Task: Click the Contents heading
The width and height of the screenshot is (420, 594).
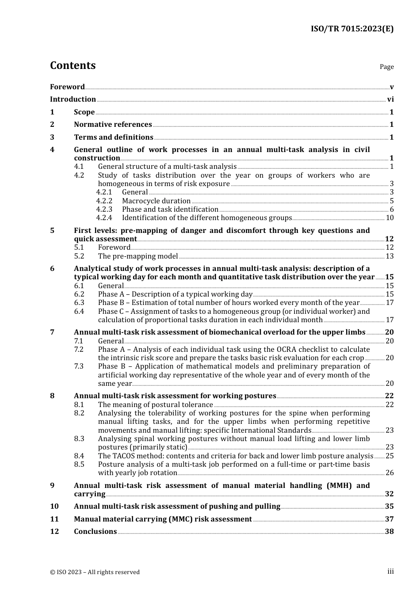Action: [x=73, y=65]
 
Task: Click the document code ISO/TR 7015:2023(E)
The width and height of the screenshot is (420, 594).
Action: [x=352, y=29]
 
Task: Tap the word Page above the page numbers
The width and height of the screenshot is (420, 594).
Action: [x=386, y=67]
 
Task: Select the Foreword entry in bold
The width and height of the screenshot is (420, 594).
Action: [x=67, y=87]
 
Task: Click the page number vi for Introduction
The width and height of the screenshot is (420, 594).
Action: [x=390, y=99]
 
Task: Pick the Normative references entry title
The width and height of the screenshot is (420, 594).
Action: [x=113, y=125]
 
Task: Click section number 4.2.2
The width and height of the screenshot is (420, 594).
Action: [x=104, y=201]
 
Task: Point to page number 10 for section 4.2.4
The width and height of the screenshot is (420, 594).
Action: [x=389, y=218]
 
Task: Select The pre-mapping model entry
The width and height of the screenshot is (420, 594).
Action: [x=138, y=256]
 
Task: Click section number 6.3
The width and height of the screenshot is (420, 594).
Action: [x=79, y=303]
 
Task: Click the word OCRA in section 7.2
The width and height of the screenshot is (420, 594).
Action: [x=274, y=350]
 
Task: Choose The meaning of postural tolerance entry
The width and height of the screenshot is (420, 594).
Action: [x=156, y=405]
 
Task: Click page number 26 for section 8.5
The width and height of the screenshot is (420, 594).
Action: [x=389, y=473]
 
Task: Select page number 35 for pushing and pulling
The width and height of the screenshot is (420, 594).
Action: [x=389, y=506]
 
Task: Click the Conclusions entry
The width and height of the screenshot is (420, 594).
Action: [x=95, y=532]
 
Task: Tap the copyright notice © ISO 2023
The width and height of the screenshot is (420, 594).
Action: [x=95, y=572]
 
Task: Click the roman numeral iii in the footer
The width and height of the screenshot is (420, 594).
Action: [x=390, y=571]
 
